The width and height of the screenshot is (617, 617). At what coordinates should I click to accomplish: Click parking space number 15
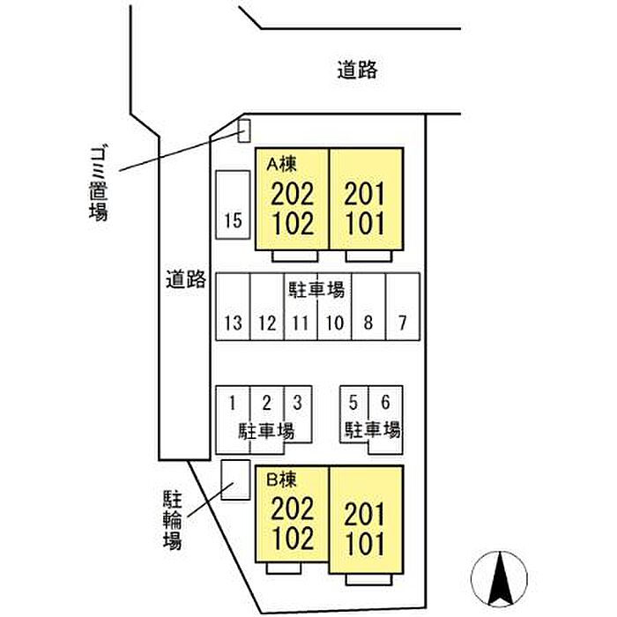pyautogui.click(x=233, y=204)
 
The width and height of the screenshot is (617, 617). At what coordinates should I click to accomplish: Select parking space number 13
pyautogui.click(x=233, y=307)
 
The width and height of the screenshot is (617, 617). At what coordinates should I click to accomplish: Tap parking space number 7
pyautogui.click(x=403, y=307)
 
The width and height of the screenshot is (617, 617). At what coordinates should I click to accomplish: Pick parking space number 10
pyautogui.click(x=334, y=307)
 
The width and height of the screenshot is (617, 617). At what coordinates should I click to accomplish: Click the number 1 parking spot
pyautogui.click(x=233, y=420)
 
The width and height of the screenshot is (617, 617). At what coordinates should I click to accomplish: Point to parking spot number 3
pyautogui.click(x=298, y=414)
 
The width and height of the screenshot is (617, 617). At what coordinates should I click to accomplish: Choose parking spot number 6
pyautogui.click(x=386, y=420)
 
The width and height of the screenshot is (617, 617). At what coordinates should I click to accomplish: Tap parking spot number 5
pyautogui.click(x=354, y=414)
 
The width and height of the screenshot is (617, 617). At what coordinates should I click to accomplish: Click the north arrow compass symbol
pyautogui.click(x=500, y=579)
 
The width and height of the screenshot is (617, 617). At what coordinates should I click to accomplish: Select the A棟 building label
pyautogui.click(x=282, y=164)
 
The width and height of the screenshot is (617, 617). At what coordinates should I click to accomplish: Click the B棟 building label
pyautogui.click(x=282, y=479)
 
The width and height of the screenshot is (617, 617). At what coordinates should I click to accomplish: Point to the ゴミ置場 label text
pyautogui.click(x=98, y=183)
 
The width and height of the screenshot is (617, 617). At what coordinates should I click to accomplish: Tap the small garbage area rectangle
pyautogui.click(x=244, y=130)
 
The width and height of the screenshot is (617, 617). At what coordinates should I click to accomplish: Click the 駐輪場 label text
pyautogui.click(x=173, y=519)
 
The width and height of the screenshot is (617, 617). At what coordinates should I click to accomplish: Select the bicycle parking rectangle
pyautogui.click(x=235, y=480)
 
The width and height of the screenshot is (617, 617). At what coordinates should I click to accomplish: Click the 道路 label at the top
pyautogui.click(x=357, y=70)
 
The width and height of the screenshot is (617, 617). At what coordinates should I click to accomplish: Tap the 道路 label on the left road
pyautogui.click(x=186, y=279)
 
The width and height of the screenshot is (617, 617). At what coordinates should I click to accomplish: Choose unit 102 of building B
pyautogui.click(x=294, y=538)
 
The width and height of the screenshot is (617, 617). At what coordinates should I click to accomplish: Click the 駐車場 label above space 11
pyautogui.click(x=316, y=290)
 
